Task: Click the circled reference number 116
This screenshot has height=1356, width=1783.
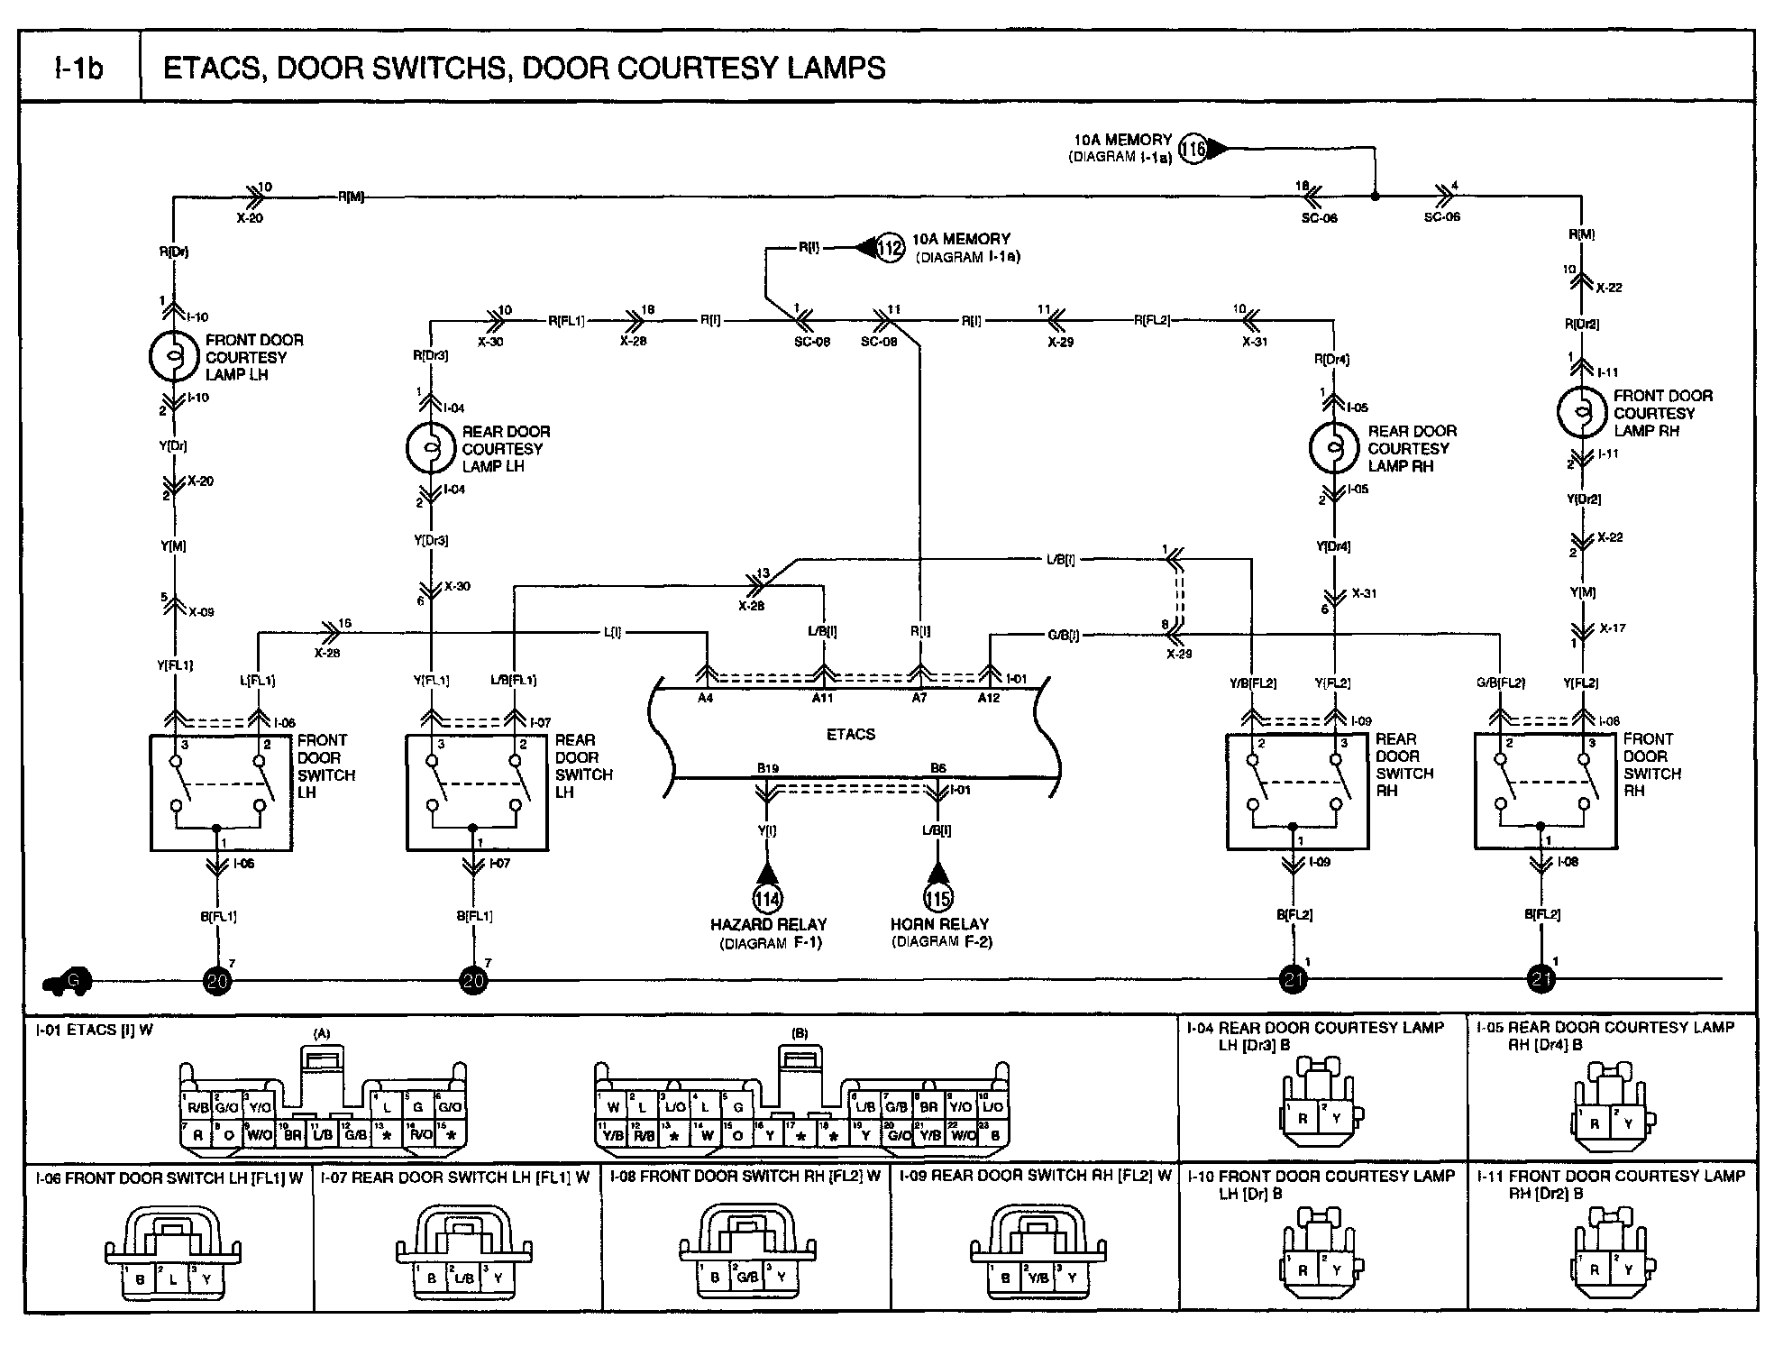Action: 1193,149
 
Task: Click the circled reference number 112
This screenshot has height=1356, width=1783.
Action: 890,247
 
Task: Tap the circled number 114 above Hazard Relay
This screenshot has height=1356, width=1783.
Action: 767,898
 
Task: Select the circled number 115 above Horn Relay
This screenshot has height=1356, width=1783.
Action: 937,898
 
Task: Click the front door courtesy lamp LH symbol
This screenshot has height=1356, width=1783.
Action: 173,356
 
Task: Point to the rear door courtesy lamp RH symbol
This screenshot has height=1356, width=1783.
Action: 1333,448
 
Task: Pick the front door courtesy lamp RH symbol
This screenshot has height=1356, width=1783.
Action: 1582,412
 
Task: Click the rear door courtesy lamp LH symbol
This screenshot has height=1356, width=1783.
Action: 431,448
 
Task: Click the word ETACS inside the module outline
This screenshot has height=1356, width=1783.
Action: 850,734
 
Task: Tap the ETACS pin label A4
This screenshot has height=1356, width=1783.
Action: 705,698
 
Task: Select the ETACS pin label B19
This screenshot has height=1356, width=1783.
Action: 767,768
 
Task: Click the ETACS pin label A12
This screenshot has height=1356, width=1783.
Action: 989,698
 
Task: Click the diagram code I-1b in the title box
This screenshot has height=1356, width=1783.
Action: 79,68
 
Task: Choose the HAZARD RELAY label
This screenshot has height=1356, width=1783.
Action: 768,924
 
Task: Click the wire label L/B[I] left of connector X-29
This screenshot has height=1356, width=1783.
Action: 1060,560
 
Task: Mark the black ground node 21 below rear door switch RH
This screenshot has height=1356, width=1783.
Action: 1294,980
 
